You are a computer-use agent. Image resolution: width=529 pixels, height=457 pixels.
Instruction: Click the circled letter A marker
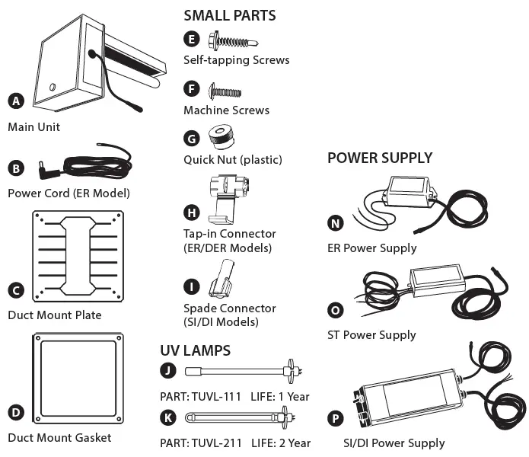[15, 101]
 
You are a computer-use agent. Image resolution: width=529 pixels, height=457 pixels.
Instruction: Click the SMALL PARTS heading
[230, 15]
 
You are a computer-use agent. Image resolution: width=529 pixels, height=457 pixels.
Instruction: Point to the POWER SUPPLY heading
[380, 158]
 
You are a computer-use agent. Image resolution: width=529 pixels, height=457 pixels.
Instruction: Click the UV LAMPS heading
[195, 351]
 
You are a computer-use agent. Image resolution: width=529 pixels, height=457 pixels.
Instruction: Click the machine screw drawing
[225, 91]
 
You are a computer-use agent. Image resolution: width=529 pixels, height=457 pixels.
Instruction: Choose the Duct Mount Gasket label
[59, 437]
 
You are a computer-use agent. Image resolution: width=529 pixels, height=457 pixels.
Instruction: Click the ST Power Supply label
[371, 334]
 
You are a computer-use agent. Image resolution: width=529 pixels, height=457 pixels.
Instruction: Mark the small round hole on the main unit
[52, 87]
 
